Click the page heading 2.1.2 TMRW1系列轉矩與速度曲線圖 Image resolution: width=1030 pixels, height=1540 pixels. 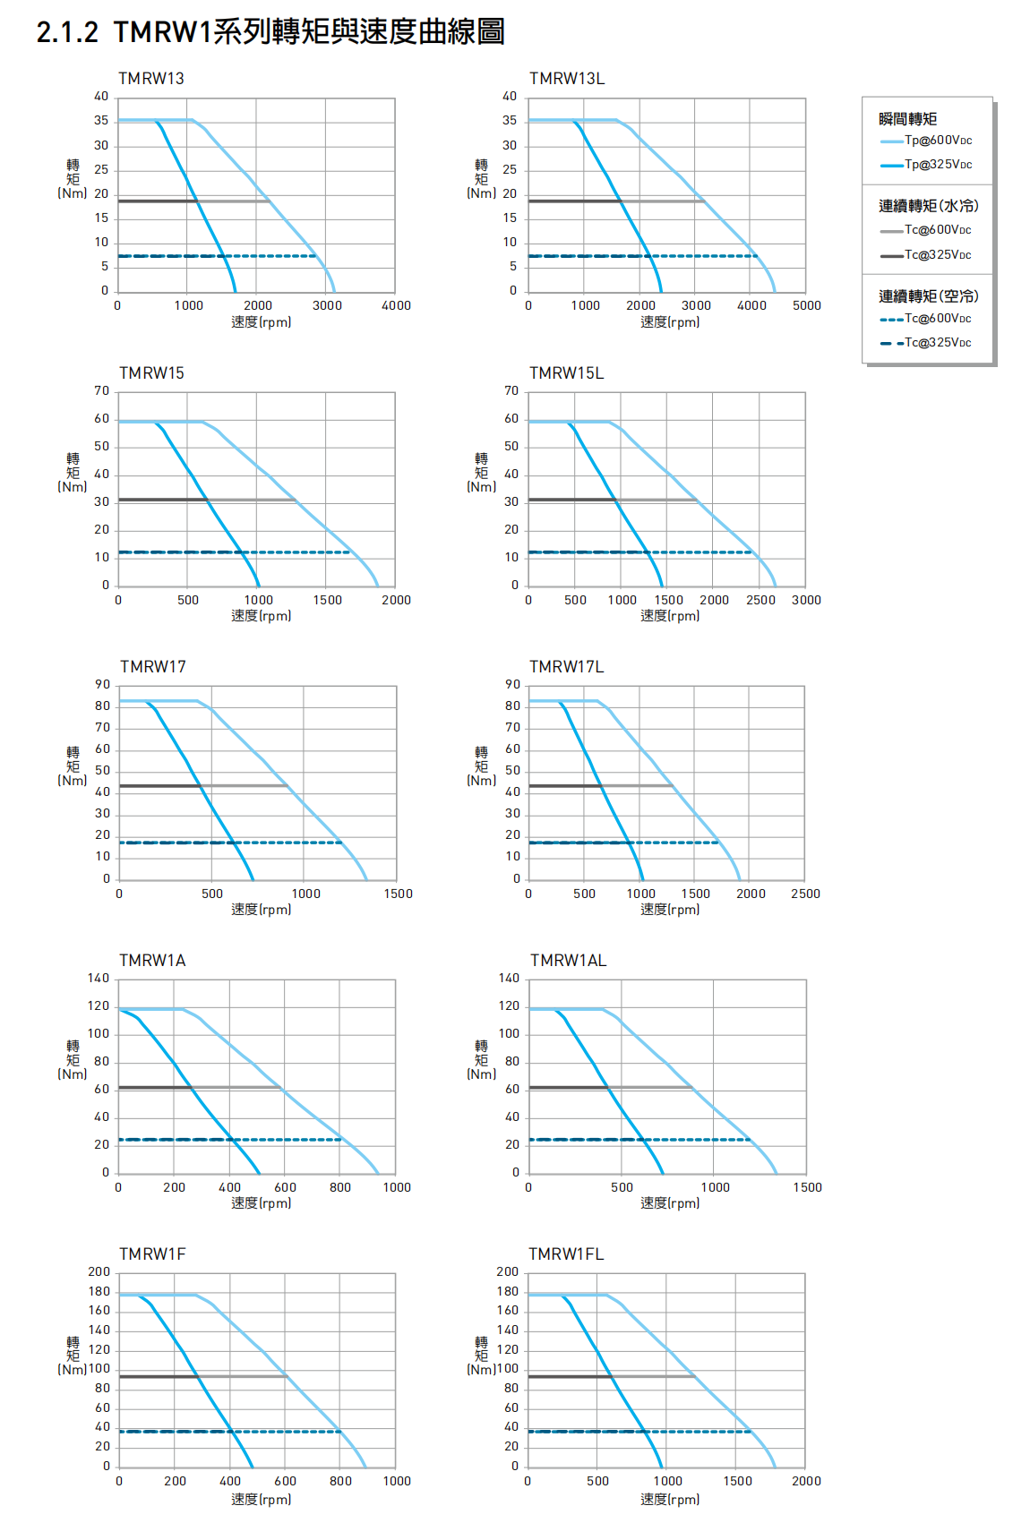coord(270,32)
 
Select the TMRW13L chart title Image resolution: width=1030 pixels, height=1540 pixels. coord(567,79)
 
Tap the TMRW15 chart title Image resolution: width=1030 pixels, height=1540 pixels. coord(152,373)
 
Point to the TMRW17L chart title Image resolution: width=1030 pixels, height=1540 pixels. coord(567,667)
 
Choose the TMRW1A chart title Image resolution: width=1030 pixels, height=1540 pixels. coord(153,961)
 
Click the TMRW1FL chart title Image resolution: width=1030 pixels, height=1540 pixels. coord(566,1254)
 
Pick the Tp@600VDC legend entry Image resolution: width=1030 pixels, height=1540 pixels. coord(937,141)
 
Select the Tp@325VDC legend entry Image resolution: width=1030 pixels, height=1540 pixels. coord(937,165)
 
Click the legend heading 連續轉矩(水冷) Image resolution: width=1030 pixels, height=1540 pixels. coord(929,206)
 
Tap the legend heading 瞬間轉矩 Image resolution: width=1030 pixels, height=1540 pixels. coord(908,119)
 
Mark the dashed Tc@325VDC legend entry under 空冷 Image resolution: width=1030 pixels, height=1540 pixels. coord(937,343)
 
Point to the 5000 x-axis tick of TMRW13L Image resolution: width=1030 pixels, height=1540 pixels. coord(807,305)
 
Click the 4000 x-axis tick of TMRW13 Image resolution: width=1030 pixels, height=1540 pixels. coord(397,305)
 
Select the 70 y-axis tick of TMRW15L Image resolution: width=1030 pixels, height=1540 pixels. coord(511,391)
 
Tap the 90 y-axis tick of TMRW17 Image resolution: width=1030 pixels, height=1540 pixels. coord(103,685)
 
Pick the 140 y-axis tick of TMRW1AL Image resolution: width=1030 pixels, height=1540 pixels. coord(509,979)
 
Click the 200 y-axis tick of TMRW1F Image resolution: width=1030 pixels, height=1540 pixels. coord(99,1272)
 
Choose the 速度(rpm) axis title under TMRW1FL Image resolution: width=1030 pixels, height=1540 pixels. coord(670,1499)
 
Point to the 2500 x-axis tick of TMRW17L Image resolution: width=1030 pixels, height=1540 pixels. coord(806,894)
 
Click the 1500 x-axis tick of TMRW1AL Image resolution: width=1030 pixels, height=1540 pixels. coord(807,1187)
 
